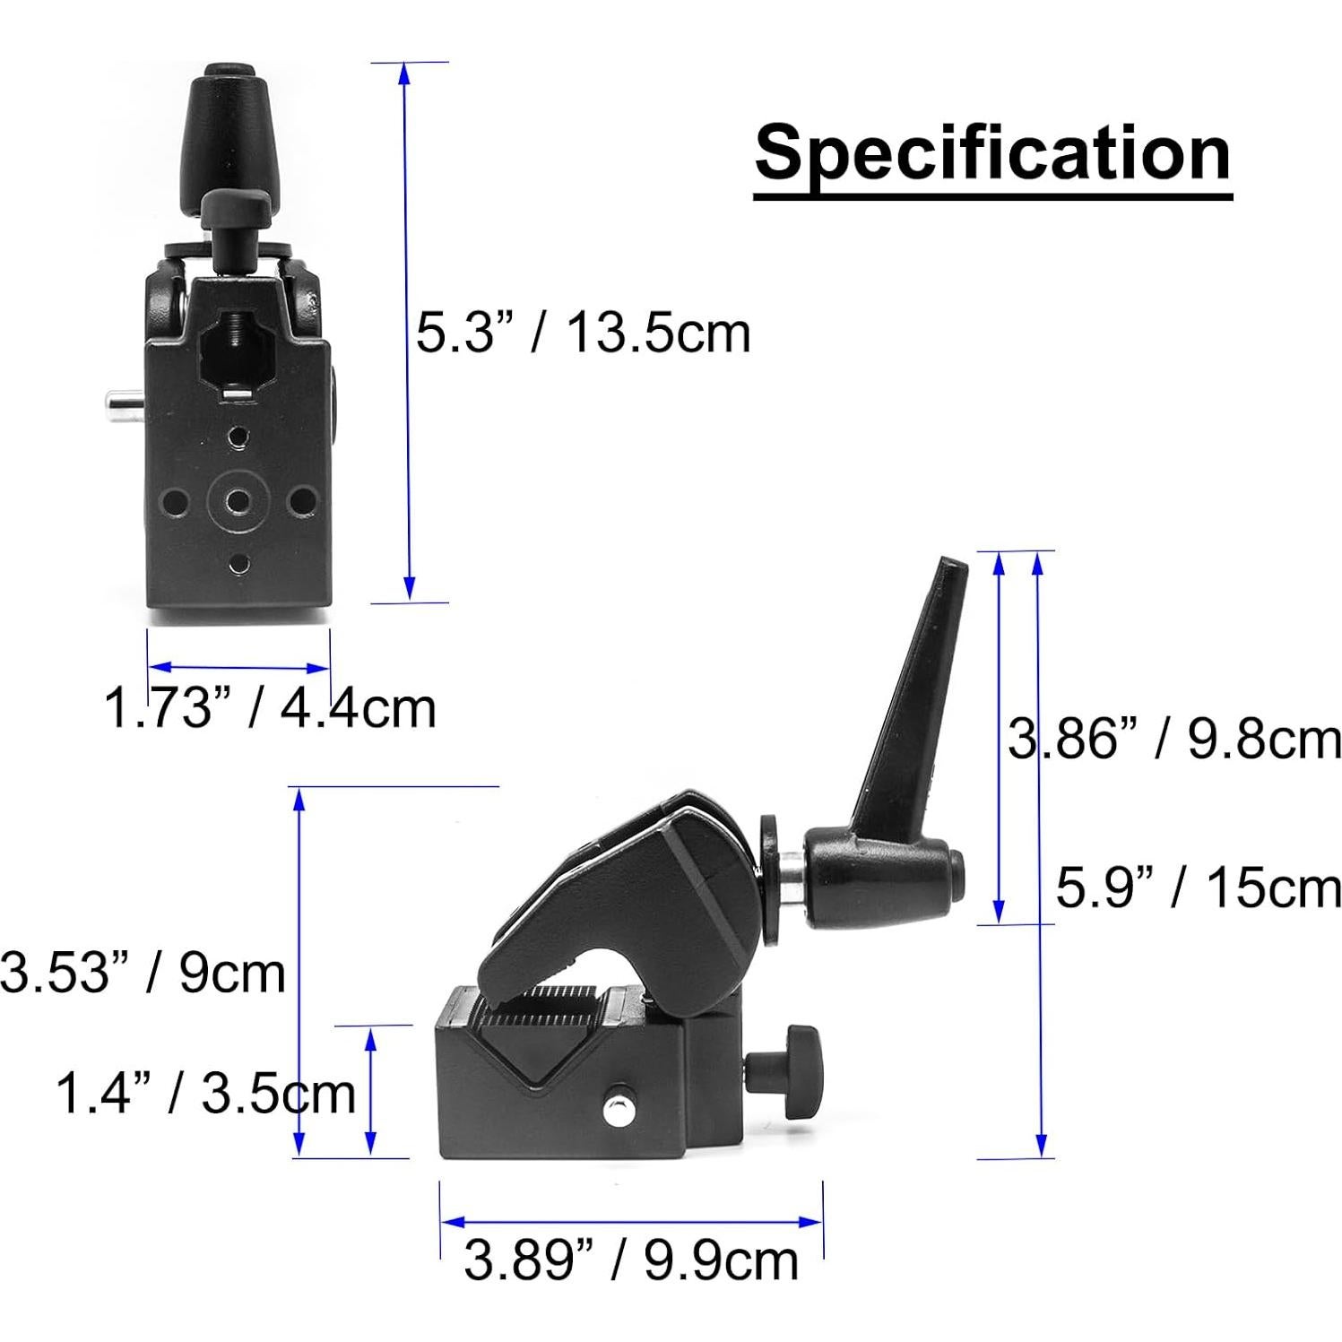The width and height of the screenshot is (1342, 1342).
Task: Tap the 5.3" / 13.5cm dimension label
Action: click(583, 333)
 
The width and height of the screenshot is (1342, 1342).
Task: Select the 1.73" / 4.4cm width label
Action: click(270, 707)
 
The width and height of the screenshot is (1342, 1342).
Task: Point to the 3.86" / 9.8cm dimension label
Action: click(1174, 740)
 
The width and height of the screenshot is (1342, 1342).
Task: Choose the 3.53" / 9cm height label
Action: click(143, 973)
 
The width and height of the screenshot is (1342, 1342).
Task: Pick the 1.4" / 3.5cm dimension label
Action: click(206, 1094)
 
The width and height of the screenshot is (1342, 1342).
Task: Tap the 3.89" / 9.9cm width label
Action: click(631, 1260)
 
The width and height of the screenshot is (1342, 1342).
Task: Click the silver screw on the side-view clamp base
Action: click(616, 1112)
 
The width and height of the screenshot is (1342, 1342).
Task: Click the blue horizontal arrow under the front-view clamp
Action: click(239, 667)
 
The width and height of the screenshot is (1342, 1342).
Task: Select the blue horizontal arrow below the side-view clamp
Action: click(631, 1221)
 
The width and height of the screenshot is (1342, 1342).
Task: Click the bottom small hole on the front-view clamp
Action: click(238, 564)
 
